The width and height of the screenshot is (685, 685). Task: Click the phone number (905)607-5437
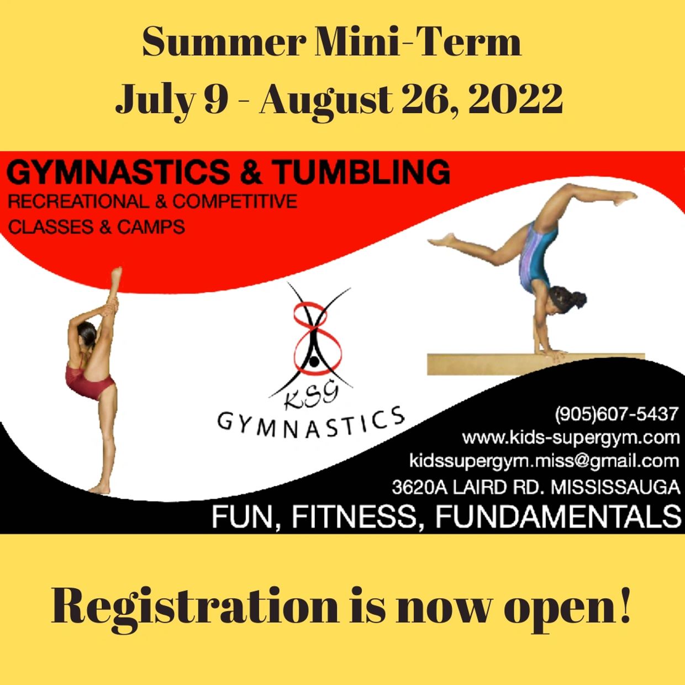point(616,414)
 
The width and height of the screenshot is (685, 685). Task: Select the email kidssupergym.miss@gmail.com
point(544,462)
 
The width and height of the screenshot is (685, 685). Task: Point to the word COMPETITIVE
point(235,202)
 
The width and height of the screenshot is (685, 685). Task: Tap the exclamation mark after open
point(624,600)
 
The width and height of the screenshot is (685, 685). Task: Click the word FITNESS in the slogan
point(354,517)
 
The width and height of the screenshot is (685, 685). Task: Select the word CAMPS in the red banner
point(151,226)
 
